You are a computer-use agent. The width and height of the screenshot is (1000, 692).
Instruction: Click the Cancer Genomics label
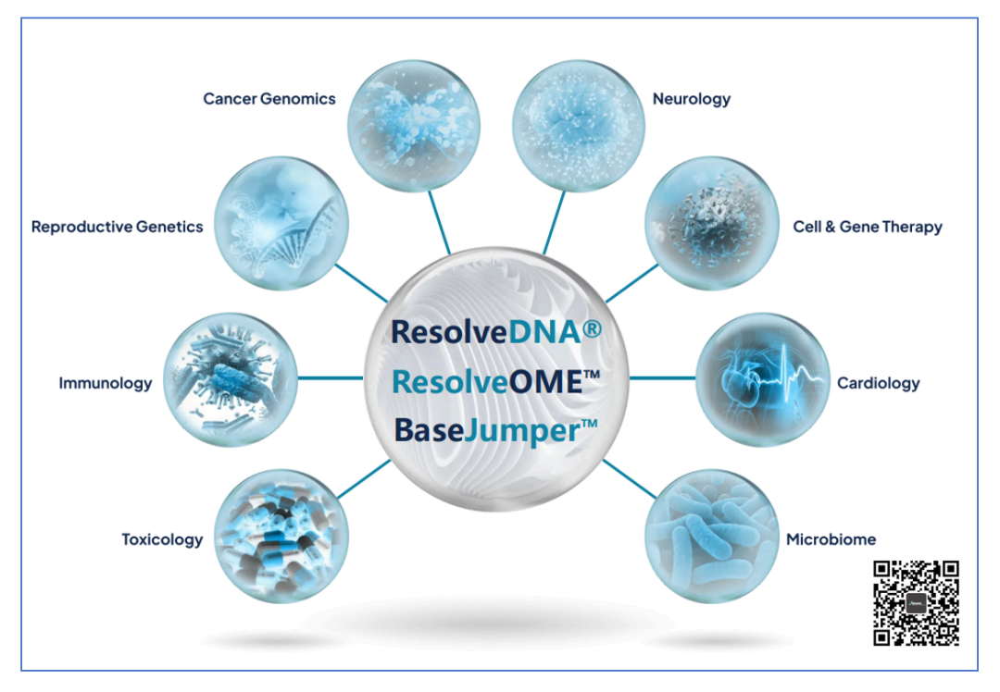(x=269, y=99)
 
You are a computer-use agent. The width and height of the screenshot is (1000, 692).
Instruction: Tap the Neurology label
(x=692, y=99)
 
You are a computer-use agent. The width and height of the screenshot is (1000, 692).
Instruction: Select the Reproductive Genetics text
(x=118, y=227)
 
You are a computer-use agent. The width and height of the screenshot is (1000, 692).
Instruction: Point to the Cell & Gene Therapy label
(x=868, y=227)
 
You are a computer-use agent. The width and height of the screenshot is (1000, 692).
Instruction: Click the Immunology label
(x=106, y=383)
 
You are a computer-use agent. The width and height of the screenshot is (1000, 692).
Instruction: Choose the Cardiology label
(x=878, y=383)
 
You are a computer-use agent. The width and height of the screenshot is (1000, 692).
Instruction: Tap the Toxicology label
(x=162, y=539)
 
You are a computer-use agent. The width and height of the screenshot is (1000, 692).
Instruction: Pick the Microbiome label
(x=831, y=539)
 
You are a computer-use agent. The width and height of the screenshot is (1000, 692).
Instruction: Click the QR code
(x=916, y=603)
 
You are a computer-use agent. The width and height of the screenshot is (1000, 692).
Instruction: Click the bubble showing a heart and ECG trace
(x=763, y=379)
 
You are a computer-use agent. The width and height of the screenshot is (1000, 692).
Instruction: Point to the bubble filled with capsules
(x=281, y=537)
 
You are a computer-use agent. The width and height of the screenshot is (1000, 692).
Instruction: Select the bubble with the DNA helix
(x=281, y=224)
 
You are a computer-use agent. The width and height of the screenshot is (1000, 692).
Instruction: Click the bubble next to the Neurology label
(x=579, y=126)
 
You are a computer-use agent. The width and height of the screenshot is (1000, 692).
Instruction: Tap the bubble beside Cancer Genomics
(x=414, y=126)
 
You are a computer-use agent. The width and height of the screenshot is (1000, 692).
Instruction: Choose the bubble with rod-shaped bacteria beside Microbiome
(x=712, y=537)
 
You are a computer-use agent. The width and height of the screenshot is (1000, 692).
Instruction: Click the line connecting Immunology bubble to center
(x=331, y=378)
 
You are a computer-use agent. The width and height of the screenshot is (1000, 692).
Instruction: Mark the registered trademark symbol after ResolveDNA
(x=593, y=328)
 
